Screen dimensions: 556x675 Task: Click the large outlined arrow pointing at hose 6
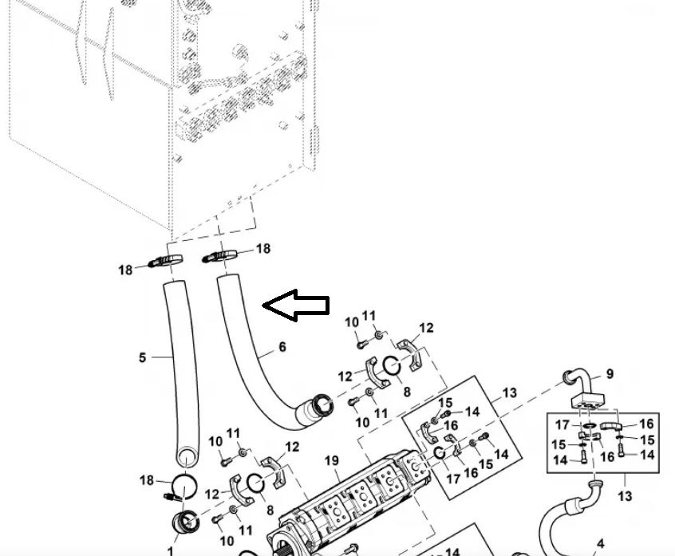click(x=296, y=306)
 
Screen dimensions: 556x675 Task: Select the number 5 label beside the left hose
click(x=143, y=357)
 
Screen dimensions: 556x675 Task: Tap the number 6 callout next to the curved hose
click(x=282, y=347)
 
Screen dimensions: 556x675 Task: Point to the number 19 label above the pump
click(x=332, y=460)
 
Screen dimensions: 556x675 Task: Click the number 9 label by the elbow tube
click(x=610, y=373)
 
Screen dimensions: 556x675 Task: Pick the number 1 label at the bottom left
click(x=169, y=550)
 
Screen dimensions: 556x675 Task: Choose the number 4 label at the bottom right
click(x=601, y=544)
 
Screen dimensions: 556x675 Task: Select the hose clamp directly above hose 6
click(x=222, y=255)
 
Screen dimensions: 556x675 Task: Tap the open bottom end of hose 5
click(x=186, y=458)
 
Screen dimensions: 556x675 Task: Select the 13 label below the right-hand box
click(x=625, y=496)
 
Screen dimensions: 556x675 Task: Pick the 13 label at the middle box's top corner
click(x=510, y=392)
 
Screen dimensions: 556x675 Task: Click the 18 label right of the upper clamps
click(x=262, y=248)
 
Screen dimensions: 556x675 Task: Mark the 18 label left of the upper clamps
click(x=125, y=270)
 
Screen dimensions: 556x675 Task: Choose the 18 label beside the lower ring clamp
click(x=147, y=480)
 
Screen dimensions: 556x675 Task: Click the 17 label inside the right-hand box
click(x=563, y=424)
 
